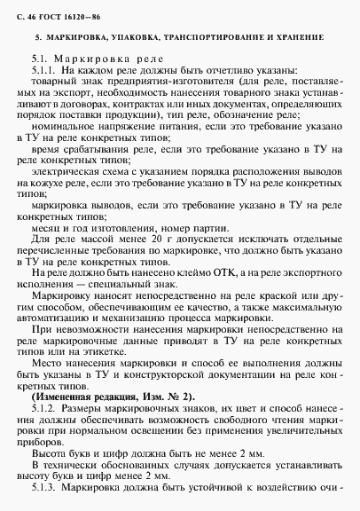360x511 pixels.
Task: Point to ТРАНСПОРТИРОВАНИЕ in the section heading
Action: [x=210, y=39]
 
